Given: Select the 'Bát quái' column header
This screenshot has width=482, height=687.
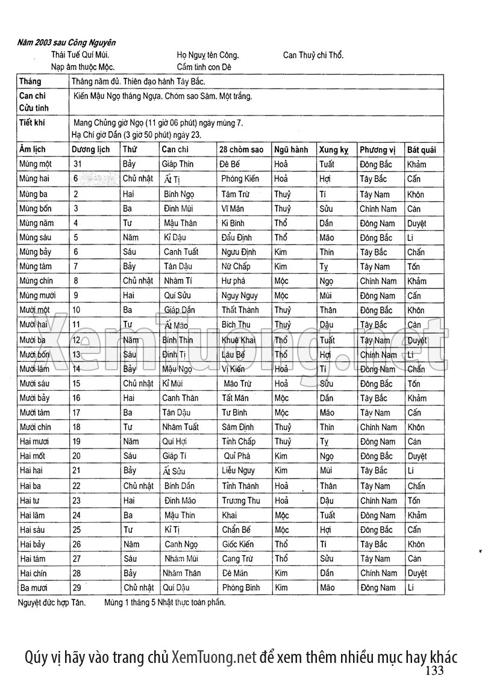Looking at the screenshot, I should click(421, 149).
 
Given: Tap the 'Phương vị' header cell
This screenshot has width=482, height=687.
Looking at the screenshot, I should click(377, 149).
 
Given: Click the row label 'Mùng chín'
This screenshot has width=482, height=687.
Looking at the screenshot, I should click(36, 281).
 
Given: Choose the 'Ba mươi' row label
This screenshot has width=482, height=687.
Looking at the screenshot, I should click(33, 588).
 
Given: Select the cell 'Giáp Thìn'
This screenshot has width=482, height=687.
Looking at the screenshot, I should click(178, 164).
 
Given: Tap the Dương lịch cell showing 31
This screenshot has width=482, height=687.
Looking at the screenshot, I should click(77, 164).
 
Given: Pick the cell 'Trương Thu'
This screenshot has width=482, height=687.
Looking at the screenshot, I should click(241, 500).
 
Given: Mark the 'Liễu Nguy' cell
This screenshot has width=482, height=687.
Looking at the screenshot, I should click(239, 470).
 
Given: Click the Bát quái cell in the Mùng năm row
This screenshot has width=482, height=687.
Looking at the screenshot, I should click(416, 223).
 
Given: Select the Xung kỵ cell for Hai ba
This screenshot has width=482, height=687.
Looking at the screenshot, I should click(328, 486).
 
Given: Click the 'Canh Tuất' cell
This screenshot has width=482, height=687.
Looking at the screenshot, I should click(181, 252).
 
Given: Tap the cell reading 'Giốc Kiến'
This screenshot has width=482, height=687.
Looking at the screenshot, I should click(237, 544).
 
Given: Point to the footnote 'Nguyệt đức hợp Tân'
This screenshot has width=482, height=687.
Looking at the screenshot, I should click(52, 602).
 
